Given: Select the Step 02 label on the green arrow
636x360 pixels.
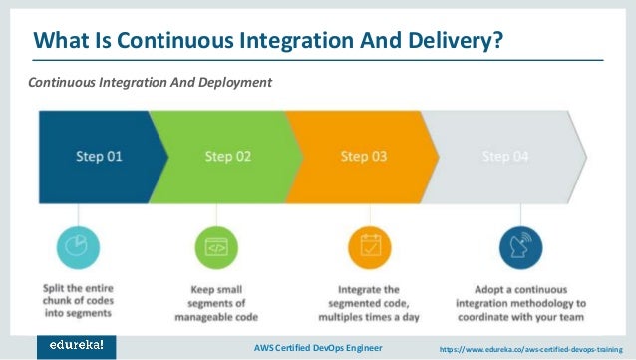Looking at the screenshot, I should (226, 156).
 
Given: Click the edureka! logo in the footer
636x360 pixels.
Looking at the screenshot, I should (76, 345).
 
